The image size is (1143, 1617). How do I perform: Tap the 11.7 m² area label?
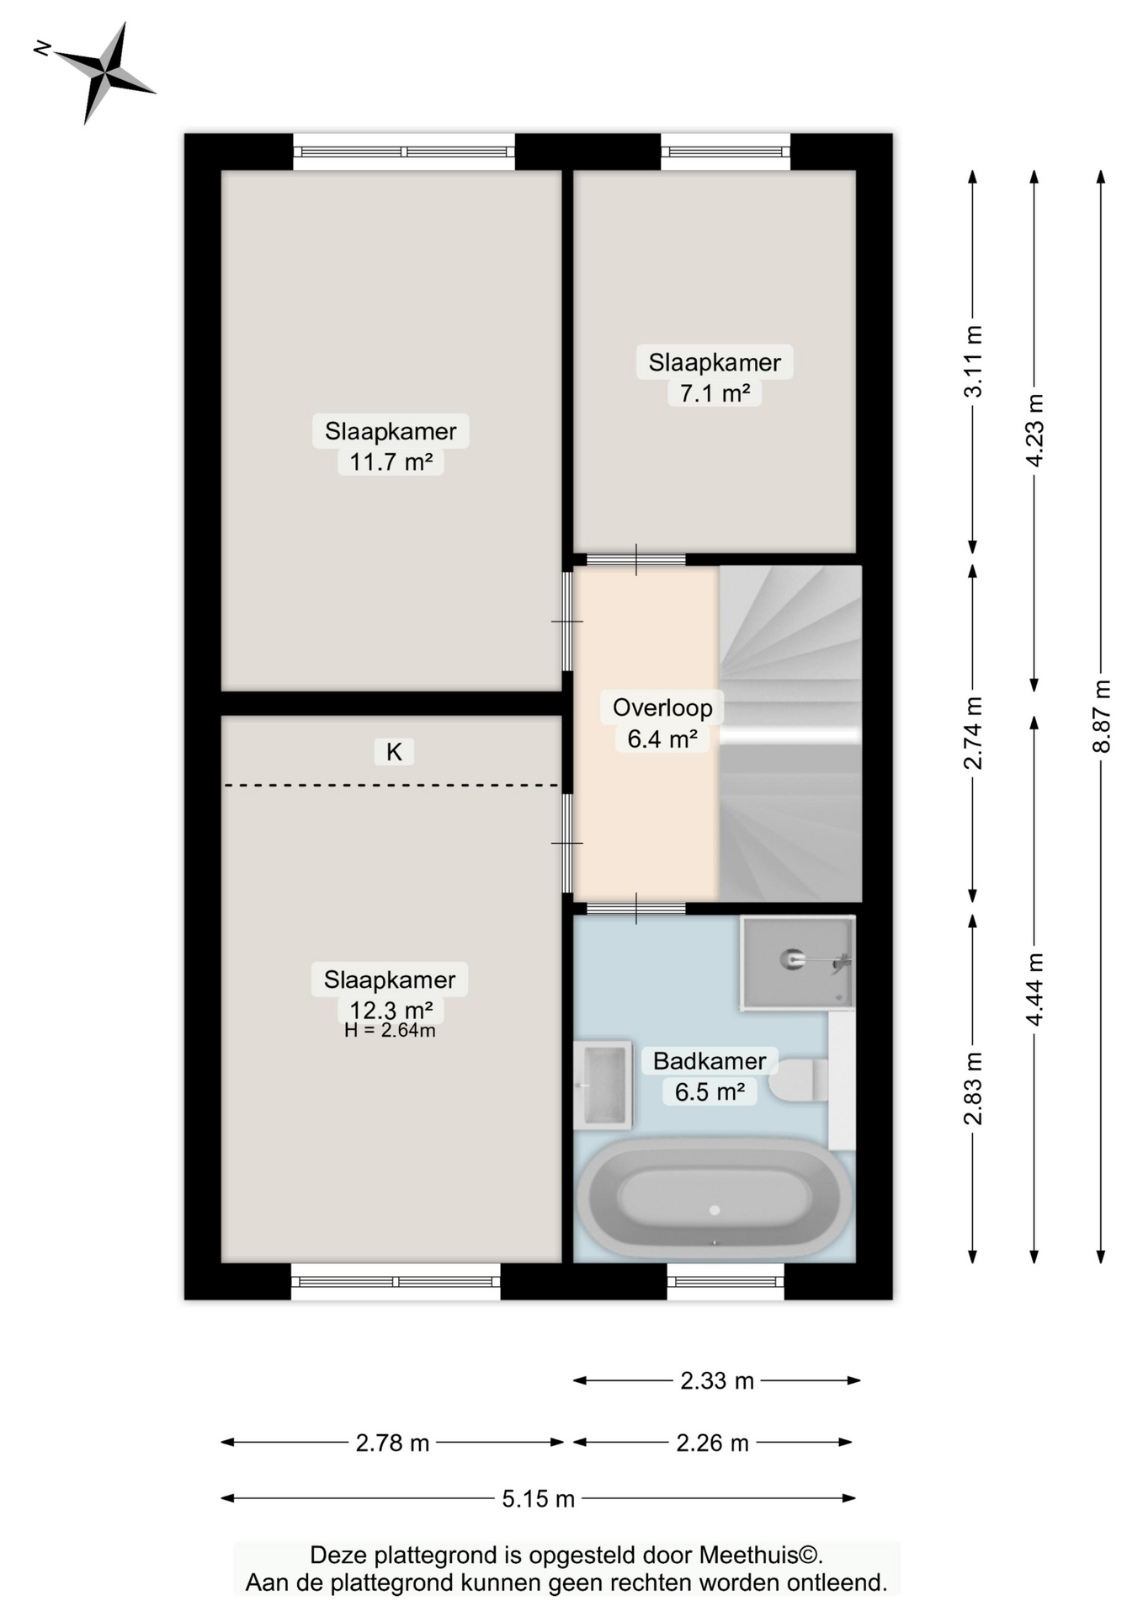391,462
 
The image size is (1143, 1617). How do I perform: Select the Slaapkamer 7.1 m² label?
715,376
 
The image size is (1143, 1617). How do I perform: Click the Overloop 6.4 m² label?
662,723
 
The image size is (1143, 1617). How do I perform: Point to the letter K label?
394,751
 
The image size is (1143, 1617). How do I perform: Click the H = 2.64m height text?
390,1030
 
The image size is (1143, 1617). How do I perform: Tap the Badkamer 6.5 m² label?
710,1075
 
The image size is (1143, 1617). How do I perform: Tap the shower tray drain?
791,958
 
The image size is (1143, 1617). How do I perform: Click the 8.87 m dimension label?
1101,716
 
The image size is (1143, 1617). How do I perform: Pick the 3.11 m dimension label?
973,361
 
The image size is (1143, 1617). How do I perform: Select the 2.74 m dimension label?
973,733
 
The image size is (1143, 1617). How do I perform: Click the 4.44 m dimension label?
1034,990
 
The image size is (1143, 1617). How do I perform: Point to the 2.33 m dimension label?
717,1380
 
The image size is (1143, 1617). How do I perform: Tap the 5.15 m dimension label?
538,1498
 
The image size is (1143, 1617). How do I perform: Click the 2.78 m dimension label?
392,1443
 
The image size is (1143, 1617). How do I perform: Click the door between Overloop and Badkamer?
635,908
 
